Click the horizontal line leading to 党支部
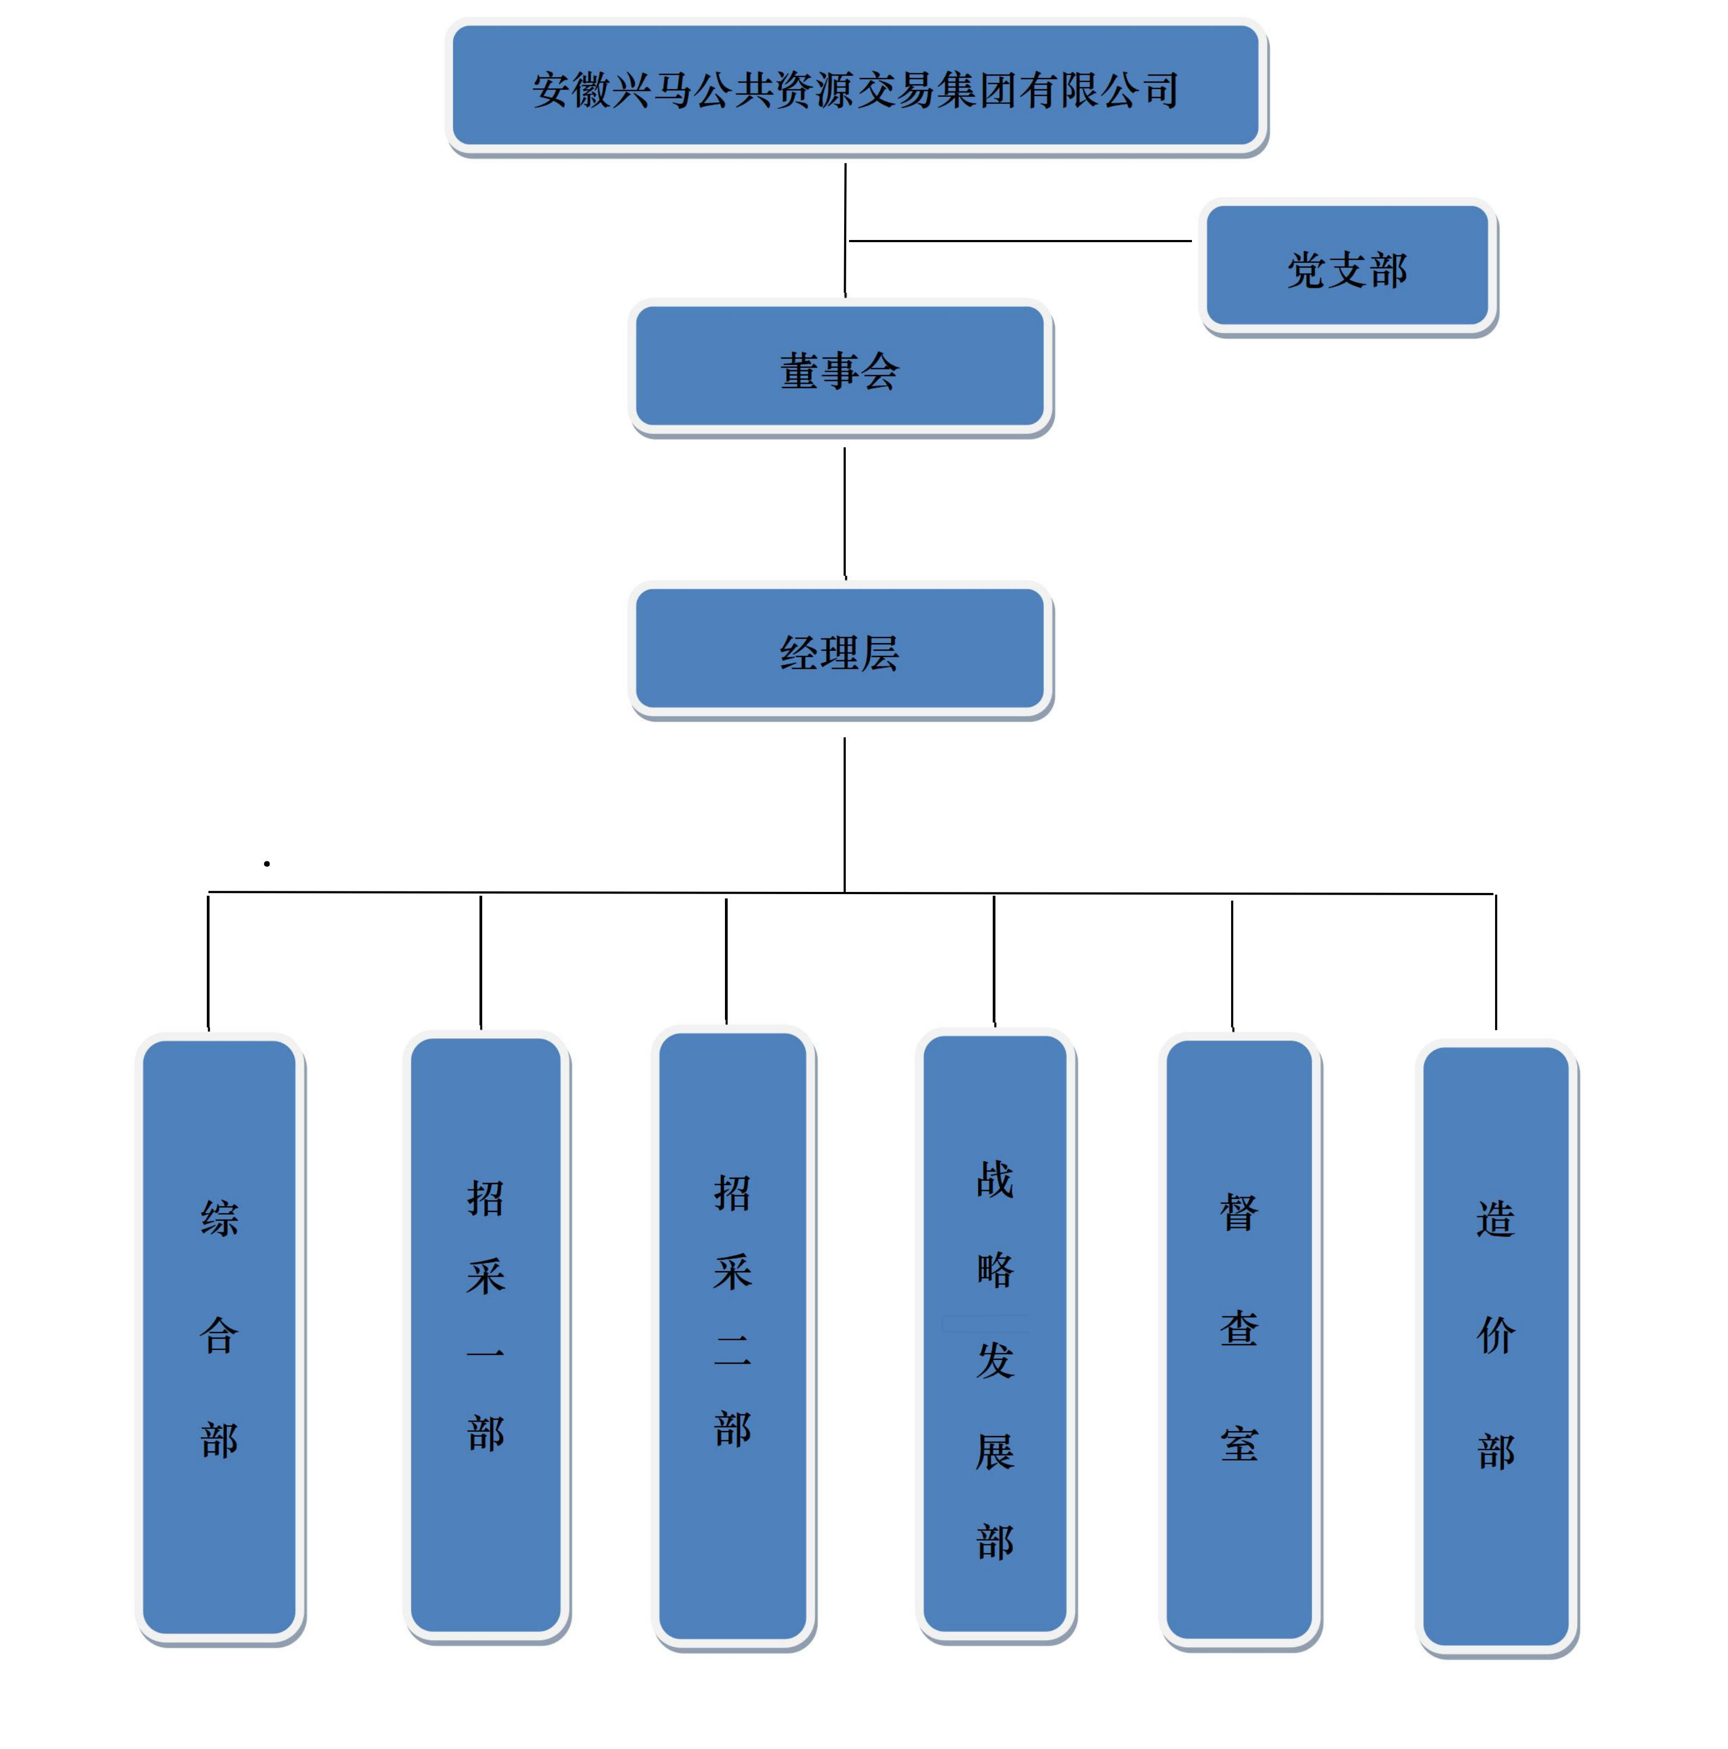pyautogui.click(x=1020, y=241)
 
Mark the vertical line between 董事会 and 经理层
pyautogui.click(x=845, y=512)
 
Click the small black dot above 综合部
pyautogui.click(x=267, y=864)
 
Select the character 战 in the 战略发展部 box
pyautogui.click(x=995, y=1180)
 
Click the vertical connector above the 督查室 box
pyautogui.click(x=1232, y=964)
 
